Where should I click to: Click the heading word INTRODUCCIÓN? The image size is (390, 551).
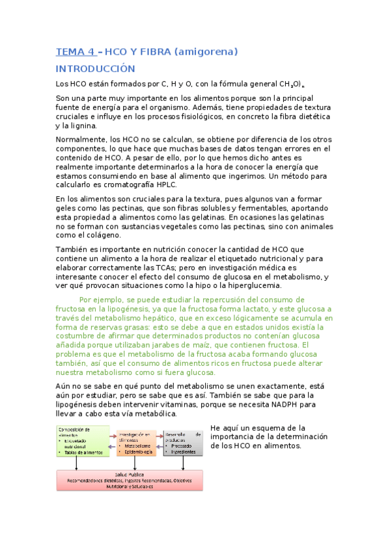pos(95,68)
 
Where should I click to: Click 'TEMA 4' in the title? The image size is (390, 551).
pos(76,51)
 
